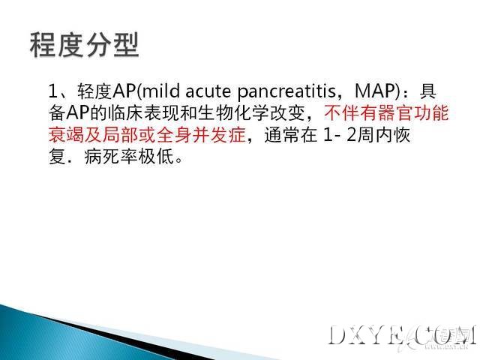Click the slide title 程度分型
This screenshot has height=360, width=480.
point(85,45)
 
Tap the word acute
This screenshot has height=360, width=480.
point(208,91)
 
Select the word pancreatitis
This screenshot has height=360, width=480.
point(286,91)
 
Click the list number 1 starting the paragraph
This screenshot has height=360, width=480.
point(53,91)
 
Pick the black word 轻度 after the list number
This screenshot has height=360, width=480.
point(95,91)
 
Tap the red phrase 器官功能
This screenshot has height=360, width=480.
point(413,113)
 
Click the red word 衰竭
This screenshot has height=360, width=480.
point(66,135)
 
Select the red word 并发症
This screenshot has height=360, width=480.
point(220,135)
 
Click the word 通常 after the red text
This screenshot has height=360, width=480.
point(282,135)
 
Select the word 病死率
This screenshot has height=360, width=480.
point(111,157)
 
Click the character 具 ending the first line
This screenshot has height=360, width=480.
point(428,91)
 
